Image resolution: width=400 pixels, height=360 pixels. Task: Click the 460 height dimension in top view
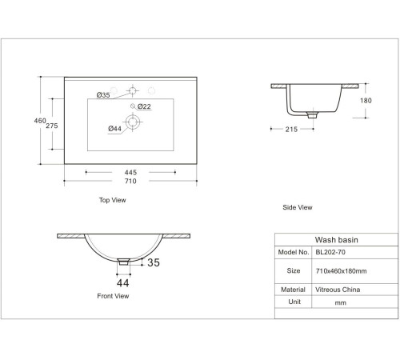click(40, 121)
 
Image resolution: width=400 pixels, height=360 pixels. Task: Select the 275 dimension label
click(52, 126)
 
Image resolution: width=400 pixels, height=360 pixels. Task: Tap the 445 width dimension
click(130, 172)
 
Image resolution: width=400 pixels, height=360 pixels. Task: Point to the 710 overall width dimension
click(130, 181)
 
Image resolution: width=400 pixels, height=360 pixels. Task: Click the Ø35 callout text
click(103, 95)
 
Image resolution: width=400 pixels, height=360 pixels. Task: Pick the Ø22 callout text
click(144, 106)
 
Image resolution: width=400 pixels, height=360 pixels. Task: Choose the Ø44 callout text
click(115, 129)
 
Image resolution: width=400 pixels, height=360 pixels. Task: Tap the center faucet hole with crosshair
click(133, 90)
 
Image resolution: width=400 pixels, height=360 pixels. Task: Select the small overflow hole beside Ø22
click(133, 106)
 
